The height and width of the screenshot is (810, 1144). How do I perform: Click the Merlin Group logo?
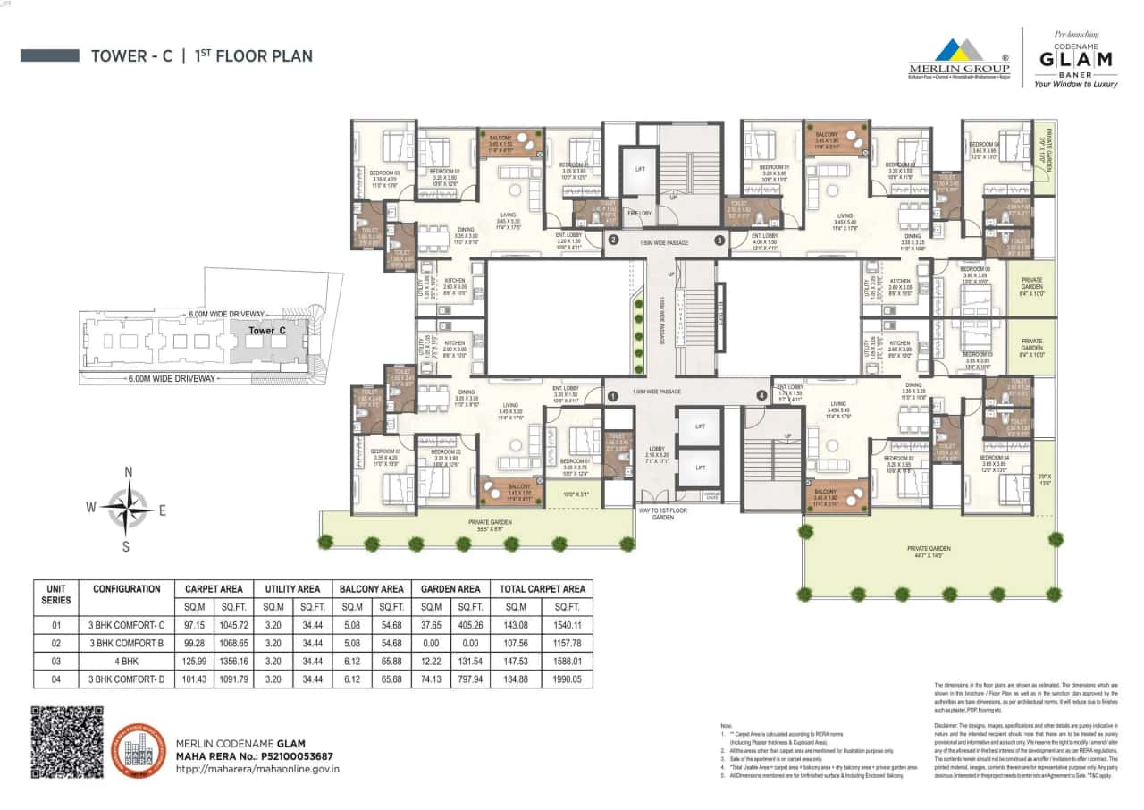point(958,56)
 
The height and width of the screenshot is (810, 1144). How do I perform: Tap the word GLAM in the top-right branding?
point(1075,59)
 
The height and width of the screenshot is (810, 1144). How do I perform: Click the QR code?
point(67,742)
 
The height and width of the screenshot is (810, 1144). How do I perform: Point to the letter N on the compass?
point(129,472)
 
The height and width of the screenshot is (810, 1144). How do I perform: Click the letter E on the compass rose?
point(163,510)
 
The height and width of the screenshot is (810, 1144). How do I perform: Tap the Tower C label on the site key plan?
point(267,331)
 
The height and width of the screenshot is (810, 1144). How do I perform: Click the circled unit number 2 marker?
point(613,240)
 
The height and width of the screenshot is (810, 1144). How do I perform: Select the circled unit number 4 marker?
point(761,395)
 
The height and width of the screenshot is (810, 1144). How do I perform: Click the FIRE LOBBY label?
point(640,213)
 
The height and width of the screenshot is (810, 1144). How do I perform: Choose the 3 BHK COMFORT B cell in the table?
point(126,642)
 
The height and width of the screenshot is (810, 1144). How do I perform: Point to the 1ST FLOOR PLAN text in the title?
point(254,56)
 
